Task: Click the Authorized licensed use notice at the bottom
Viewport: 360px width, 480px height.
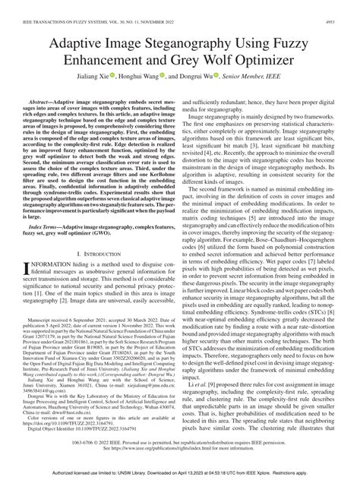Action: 180,473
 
